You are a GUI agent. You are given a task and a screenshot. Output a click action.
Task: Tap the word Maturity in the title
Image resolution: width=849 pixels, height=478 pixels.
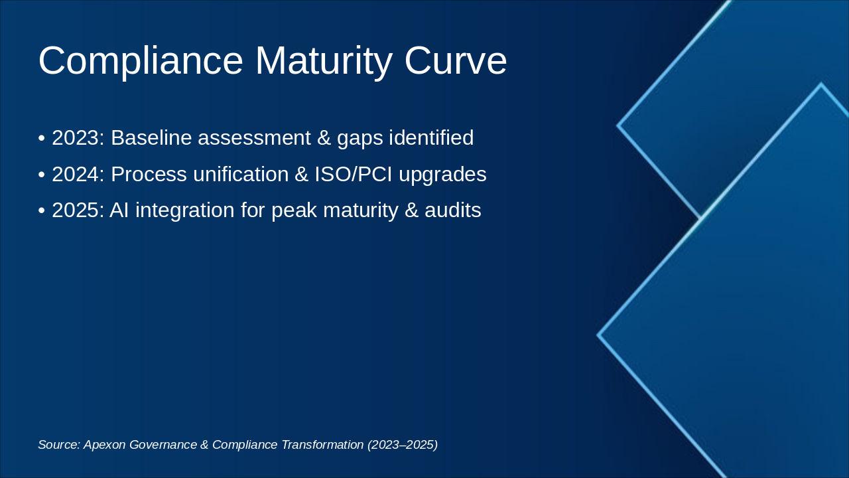coord(324,61)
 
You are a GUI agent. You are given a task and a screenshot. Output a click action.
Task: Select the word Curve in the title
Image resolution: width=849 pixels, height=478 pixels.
coord(456,61)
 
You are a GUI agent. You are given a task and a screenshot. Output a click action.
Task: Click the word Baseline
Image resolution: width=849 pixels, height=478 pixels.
coord(151,138)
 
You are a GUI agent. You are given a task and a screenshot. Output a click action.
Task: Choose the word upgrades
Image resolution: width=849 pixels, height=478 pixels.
coord(442,175)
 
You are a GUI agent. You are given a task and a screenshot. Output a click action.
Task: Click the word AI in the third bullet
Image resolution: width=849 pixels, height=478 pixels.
coord(119,210)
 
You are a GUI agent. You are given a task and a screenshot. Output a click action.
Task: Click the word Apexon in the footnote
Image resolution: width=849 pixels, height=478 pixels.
coord(105,445)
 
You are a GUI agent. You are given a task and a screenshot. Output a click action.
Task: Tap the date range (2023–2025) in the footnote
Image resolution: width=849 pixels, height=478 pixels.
coord(403,445)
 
